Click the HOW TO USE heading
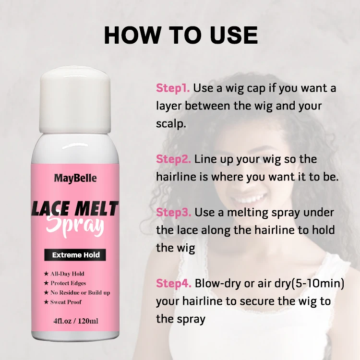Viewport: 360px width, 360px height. pyautogui.click(x=180, y=35)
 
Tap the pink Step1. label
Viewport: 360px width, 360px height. pyautogui.click(x=173, y=88)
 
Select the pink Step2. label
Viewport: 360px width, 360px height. pyautogui.click(x=173, y=159)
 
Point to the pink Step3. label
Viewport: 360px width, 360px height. pyautogui.click(x=173, y=212)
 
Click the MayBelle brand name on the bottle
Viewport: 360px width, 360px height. pyautogui.click(x=75, y=179)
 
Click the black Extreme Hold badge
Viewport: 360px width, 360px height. pyautogui.click(x=75, y=255)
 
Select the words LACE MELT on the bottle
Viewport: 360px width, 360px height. pyautogui.click(x=75, y=209)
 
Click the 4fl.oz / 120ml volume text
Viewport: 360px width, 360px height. pyautogui.click(x=75, y=321)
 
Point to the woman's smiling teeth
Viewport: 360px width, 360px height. pyautogui.click(x=249, y=198)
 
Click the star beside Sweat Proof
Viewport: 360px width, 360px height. pyautogui.click(x=46, y=302)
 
